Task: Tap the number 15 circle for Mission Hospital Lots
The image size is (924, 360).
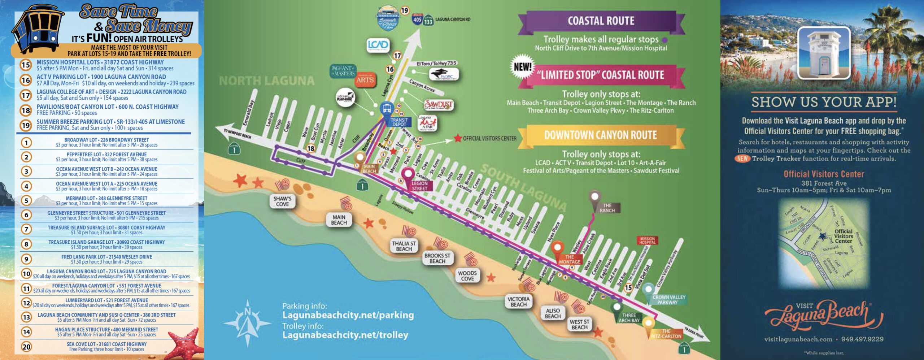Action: coord(26,65)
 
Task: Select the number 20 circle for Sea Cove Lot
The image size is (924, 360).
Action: coord(26,347)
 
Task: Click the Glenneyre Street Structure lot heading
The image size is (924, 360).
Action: coord(106,213)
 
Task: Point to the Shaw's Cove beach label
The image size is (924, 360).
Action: coord(282,201)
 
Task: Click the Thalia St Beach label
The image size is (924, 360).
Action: coord(404,246)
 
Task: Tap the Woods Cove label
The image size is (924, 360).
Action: coord(467,276)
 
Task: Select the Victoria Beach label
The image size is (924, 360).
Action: coord(518,302)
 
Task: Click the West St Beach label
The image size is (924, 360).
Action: coord(579,324)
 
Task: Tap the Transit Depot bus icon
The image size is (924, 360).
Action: coord(387,108)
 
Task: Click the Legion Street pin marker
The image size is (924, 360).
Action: coord(408,174)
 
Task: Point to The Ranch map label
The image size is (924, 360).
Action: coord(607,208)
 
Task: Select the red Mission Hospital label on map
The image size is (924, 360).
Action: coord(647,240)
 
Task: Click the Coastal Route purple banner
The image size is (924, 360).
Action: coord(601,21)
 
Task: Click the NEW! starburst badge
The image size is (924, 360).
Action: coord(522,67)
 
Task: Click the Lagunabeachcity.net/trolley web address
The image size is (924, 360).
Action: coord(345,335)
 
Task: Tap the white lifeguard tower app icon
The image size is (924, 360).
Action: coord(824,53)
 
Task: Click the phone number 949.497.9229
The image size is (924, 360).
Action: coord(862,339)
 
